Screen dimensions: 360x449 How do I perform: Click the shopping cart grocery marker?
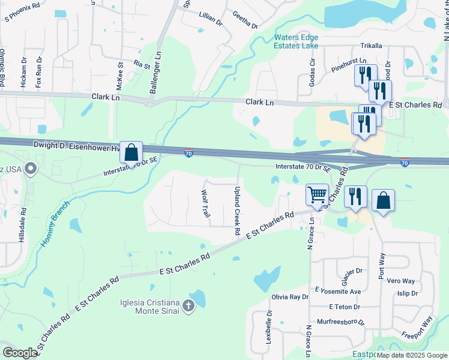click(x=317, y=194)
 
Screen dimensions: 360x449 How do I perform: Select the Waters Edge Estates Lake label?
click(x=297, y=41)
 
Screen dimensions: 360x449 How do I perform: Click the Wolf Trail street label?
click(x=205, y=203)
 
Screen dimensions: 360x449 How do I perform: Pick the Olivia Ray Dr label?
click(x=290, y=297)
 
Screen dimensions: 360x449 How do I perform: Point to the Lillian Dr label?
click(x=211, y=20)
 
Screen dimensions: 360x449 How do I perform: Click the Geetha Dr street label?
click(x=245, y=21)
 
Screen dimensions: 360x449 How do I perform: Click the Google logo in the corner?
click(x=20, y=353)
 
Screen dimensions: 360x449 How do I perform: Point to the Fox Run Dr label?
click(x=39, y=72)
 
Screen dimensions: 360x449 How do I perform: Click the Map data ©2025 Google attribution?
click(x=412, y=355)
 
